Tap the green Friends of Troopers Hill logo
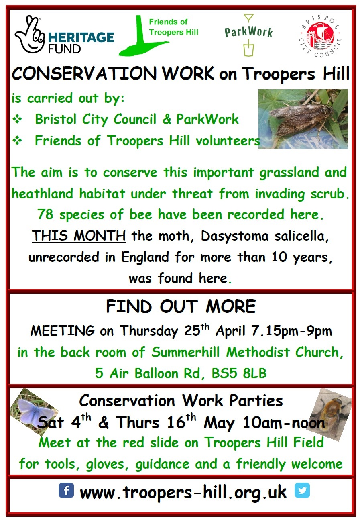click(x=159, y=36)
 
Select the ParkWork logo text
click(x=248, y=32)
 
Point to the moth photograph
click(x=303, y=119)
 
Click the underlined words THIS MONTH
click(x=79, y=236)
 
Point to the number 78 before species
click(x=45, y=214)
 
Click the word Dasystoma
click(x=234, y=237)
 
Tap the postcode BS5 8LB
click(x=239, y=373)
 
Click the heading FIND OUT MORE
click(x=181, y=306)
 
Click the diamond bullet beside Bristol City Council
click(x=17, y=119)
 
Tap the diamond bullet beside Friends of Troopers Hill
click(x=17, y=141)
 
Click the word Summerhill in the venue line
click(x=185, y=352)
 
